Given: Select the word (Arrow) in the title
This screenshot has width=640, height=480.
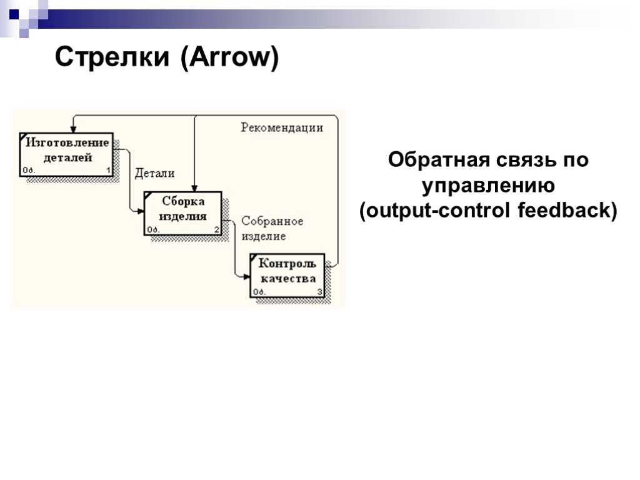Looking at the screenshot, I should point(229,58).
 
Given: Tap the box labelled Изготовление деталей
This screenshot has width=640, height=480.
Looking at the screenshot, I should point(66,154).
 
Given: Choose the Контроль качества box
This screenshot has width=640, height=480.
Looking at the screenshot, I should point(287,275).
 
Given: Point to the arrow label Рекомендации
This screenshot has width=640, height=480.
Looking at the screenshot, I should point(282,127).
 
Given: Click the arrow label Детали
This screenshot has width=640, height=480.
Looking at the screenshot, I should point(155,173).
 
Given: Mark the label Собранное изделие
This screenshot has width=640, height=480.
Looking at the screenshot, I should point(272,229).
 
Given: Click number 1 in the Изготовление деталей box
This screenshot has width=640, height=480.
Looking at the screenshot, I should point(108,170).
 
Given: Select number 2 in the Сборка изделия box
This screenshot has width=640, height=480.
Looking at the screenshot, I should point(217,229).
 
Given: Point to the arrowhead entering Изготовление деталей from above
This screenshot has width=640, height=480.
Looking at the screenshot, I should point(74,129).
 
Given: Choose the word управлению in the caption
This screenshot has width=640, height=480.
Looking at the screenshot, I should point(487,186).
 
